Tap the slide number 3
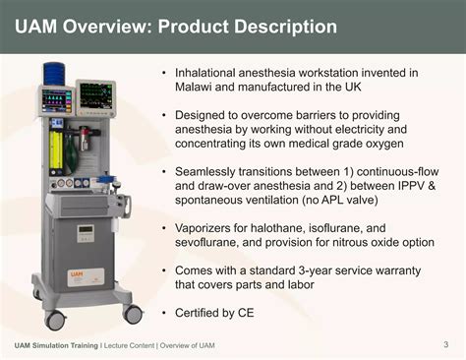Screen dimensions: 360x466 445,343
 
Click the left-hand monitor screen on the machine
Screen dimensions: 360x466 56,100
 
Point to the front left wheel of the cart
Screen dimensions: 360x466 56,320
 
